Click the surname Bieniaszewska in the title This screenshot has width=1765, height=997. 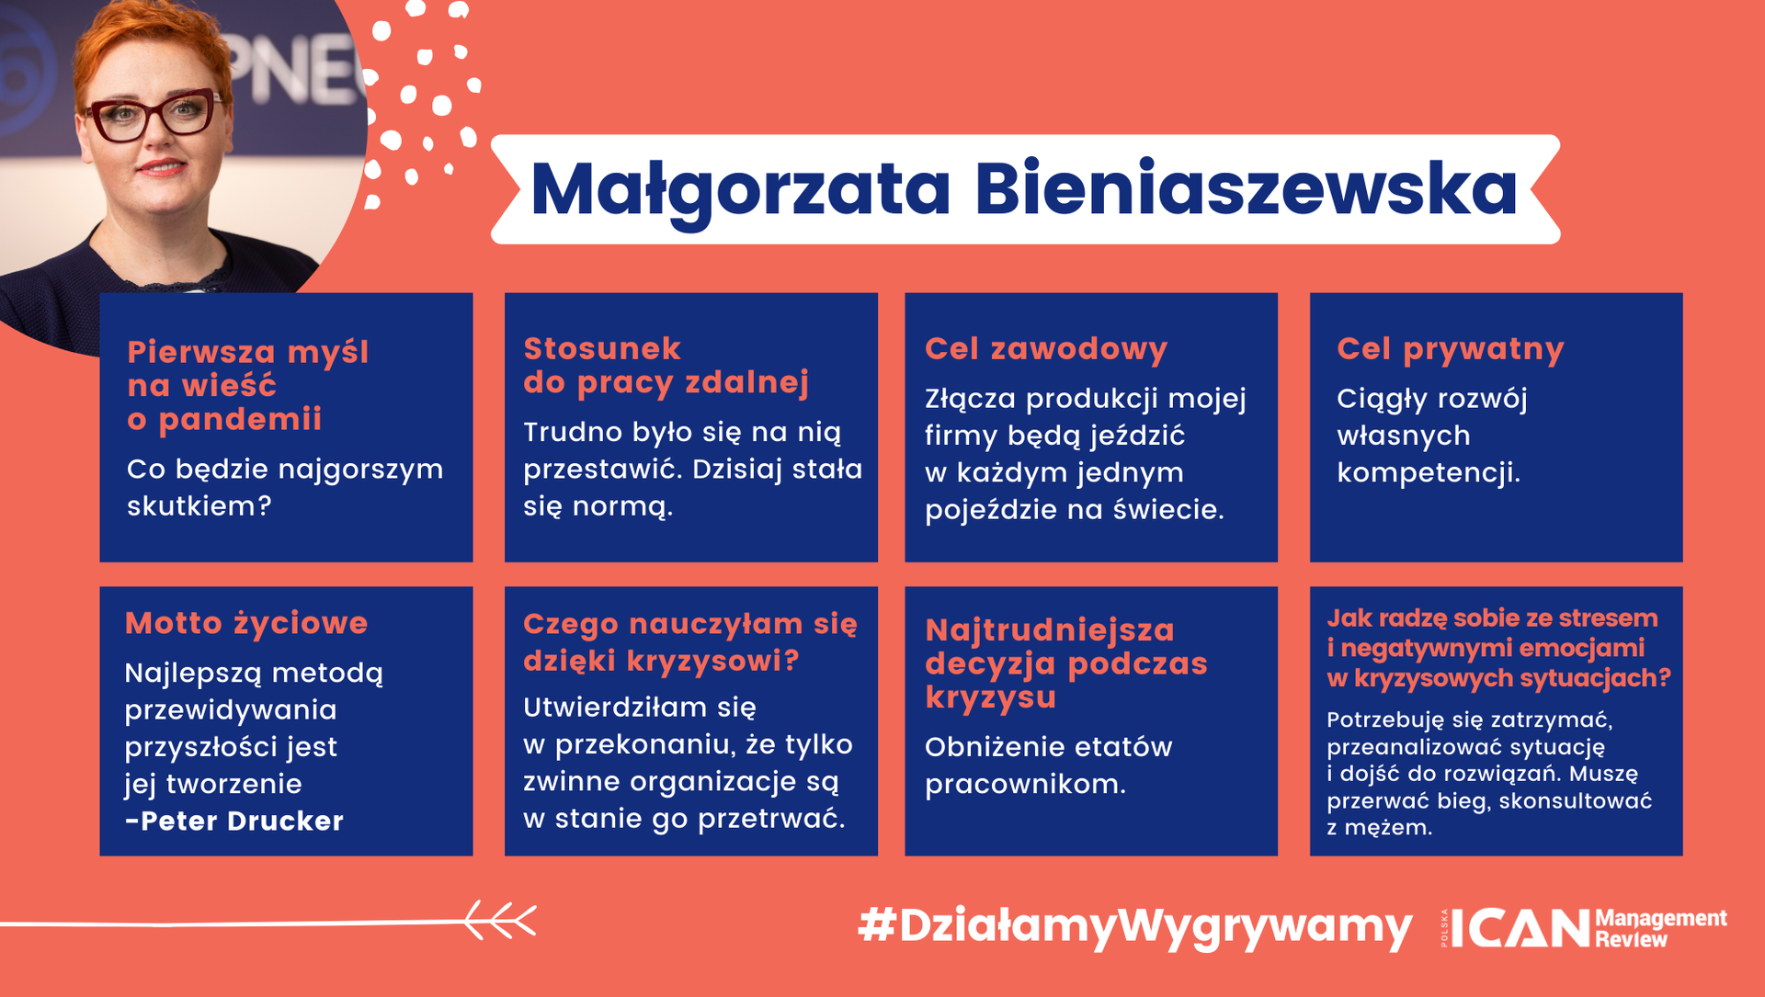(x=1246, y=190)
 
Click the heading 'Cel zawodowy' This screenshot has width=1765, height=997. (x=1046, y=349)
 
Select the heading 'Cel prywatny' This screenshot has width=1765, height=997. (x=1450, y=350)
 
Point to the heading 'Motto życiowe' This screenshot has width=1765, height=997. (x=246, y=623)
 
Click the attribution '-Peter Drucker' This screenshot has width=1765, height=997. (x=234, y=821)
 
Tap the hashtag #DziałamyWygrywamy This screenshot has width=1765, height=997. (x=1134, y=926)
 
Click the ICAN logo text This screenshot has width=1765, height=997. (x=1520, y=928)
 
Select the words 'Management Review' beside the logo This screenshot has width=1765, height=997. (x=1660, y=928)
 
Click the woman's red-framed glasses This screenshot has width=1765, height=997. (x=152, y=118)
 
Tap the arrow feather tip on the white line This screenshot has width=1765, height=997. (x=499, y=920)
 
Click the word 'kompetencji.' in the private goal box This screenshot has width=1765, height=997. (x=1428, y=473)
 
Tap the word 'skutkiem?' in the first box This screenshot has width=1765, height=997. (x=199, y=506)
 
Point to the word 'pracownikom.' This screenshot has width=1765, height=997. (x=1025, y=785)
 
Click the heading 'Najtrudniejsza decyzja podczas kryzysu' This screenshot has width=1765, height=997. (x=1065, y=663)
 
